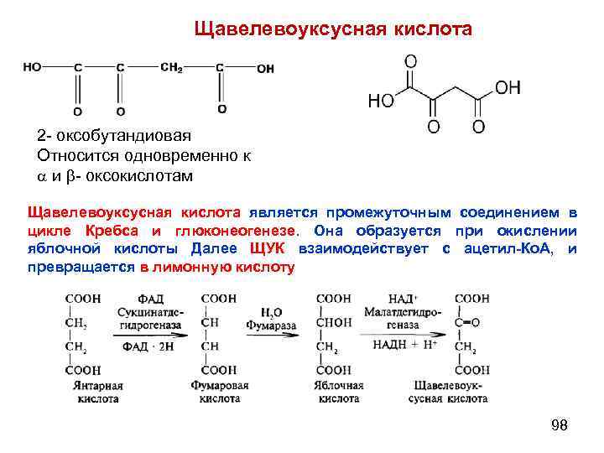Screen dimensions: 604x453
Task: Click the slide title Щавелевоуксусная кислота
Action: [x=333, y=29]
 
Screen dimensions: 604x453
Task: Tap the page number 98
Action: [x=559, y=426]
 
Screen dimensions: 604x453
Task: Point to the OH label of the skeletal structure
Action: [x=508, y=86]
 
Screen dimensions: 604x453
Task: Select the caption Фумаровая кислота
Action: [x=219, y=392]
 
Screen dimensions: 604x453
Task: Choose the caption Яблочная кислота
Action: [x=337, y=392]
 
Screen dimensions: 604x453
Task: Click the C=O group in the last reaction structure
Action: [x=468, y=322]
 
